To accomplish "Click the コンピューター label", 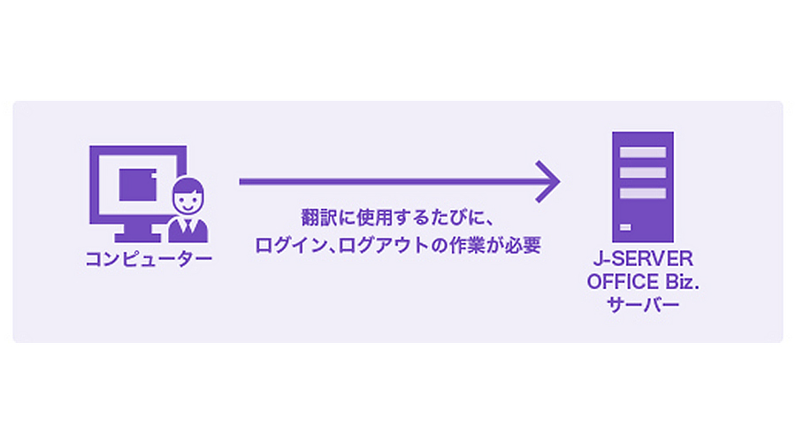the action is click(x=149, y=259).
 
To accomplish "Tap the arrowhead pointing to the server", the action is click(x=548, y=182).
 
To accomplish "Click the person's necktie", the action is click(x=188, y=226).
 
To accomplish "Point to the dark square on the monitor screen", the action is click(x=138, y=185).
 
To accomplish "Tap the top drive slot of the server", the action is click(x=643, y=152).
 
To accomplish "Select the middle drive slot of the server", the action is click(x=643, y=172).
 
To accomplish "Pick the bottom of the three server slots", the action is click(x=643, y=193).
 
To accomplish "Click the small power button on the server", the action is click(x=625, y=227).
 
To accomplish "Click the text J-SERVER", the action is click(x=643, y=259).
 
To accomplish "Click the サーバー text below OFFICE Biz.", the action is click(x=643, y=304).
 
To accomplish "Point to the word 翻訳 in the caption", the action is click(x=318, y=217).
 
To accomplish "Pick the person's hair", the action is click(x=188, y=185).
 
